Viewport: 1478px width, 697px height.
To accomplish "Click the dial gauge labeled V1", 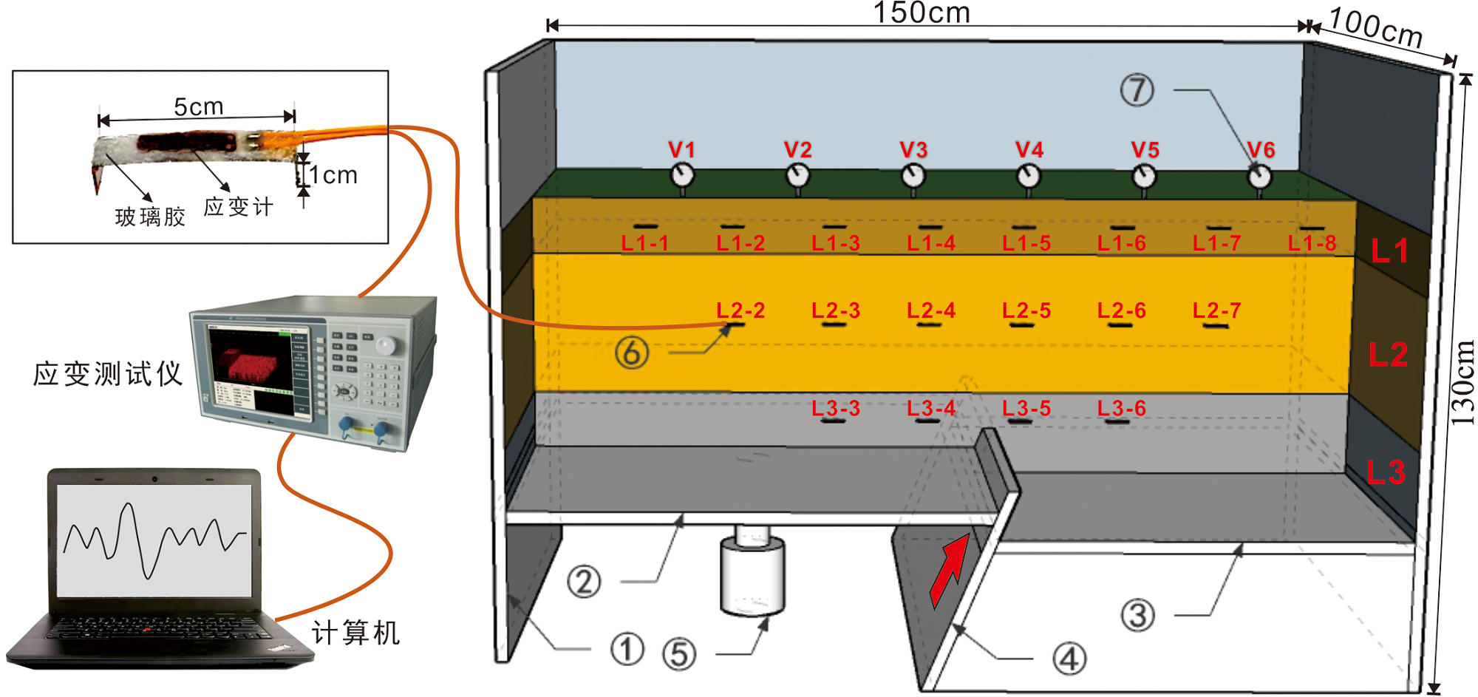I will pos(682,176).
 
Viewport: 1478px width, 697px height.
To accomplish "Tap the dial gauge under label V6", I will pos(1260,177).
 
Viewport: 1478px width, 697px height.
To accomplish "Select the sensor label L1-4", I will pos(931,243).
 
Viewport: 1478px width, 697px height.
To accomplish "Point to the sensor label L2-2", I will pos(740,310).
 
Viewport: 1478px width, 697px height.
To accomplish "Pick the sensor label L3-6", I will pos(1121,408).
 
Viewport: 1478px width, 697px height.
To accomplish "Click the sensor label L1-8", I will pos(1312,243).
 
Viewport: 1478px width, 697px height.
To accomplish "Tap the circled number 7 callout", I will pos(1137,90).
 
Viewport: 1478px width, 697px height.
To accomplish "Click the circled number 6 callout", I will pos(632,353).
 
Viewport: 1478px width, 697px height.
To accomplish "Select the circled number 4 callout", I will pos(1069,659).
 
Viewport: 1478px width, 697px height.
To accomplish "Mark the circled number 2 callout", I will pos(584,582).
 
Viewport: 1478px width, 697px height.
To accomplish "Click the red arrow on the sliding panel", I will pos(949,569).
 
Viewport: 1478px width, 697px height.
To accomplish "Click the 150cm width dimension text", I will pos(922,13).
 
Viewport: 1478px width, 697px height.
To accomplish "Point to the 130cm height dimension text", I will pos(1462,383).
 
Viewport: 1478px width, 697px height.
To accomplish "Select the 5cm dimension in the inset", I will pos(198,107).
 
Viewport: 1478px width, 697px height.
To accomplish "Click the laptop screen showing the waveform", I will pos(154,540).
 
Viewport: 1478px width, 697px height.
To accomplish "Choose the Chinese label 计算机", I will pos(355,633).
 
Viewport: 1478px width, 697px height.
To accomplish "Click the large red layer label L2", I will pos(1388,355).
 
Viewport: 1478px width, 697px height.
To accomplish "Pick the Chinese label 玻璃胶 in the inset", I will pos(150,217).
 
